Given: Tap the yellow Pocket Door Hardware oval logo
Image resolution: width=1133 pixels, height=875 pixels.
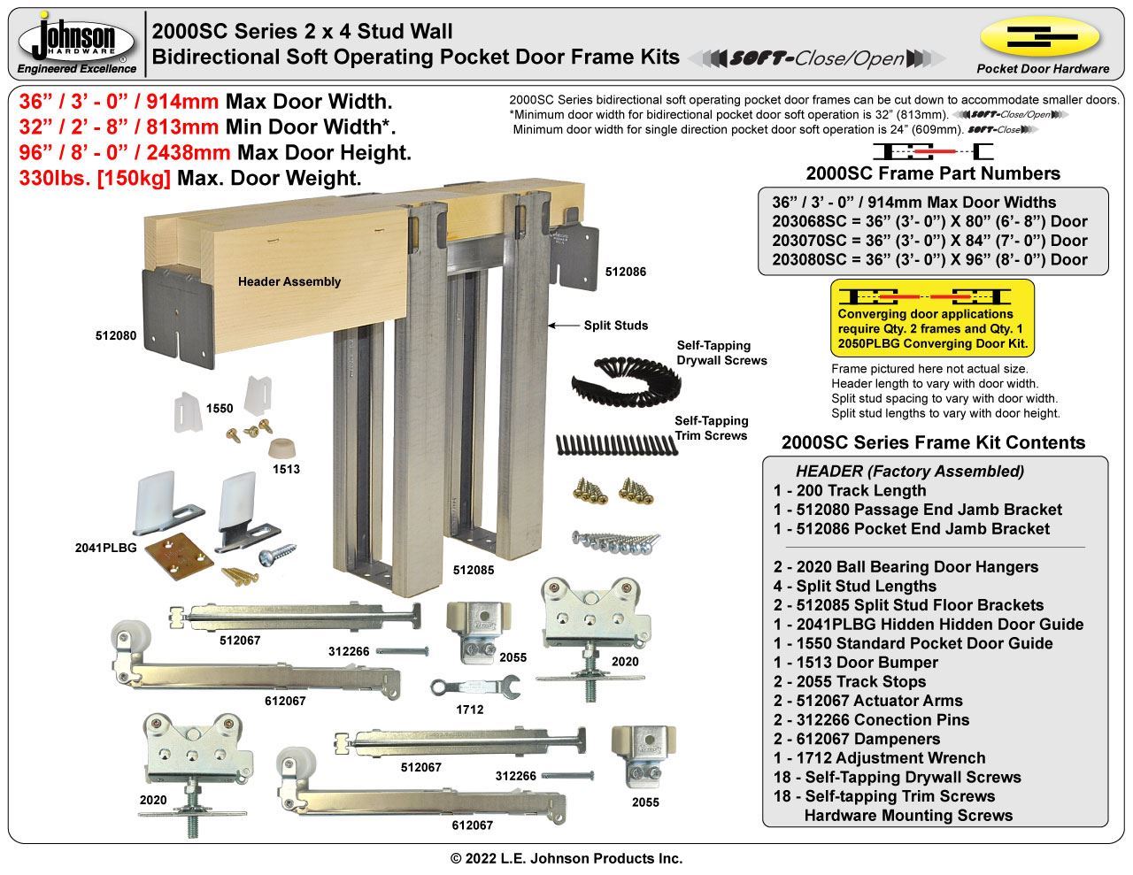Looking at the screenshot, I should coord(1040,36).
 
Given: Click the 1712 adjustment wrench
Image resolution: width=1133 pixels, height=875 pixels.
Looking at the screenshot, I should coord(463,687).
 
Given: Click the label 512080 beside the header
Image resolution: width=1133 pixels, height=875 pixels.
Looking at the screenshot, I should coord(117,335).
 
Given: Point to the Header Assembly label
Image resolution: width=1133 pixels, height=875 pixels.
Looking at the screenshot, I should coord(289,281).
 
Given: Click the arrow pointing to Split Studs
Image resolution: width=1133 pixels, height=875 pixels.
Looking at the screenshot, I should coord(562,326).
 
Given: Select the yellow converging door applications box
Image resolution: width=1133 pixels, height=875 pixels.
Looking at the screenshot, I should coord(932,317).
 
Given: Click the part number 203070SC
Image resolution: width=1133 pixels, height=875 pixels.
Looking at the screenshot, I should coord(811,241).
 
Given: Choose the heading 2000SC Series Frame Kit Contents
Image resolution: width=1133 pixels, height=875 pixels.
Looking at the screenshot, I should coord(933,442).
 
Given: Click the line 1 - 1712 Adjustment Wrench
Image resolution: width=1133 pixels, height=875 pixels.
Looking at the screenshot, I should coord(879,758).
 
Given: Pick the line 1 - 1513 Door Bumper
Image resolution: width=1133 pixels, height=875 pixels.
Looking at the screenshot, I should coord(855,663).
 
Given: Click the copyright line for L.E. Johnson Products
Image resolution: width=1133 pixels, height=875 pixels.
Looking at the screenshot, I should coord(566,858).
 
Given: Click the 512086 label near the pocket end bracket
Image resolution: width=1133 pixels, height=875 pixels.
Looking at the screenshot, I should coord(626,272).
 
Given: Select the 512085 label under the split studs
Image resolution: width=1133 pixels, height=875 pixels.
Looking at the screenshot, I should coord(473,570).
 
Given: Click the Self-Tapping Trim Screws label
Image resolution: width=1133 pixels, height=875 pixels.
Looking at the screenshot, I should coord(711,427).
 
